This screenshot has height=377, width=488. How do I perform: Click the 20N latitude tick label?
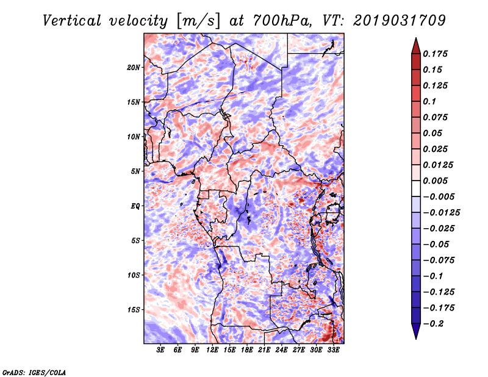coord(134,68)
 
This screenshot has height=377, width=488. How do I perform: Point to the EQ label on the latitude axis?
coord(135,206)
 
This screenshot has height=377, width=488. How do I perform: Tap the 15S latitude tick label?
coord(134,310)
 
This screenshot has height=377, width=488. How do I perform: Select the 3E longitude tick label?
coord(160,350)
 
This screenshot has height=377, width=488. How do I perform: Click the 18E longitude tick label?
coord(247,350)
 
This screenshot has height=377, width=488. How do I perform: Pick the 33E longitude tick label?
coord(333,350)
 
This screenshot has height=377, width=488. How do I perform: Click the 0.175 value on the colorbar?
coord(435,54)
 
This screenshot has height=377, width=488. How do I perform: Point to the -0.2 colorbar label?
coord(433,324)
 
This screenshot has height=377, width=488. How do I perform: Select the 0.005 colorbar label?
coord(435,181)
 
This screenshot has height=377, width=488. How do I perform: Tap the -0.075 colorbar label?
coord(439,260)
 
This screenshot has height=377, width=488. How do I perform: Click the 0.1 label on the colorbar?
coord(429,101)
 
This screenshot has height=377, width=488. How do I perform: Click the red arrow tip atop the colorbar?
coord(416,38)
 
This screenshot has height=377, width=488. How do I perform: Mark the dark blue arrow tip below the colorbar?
coord(416,338)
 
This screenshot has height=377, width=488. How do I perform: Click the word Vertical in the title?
coord(71,21)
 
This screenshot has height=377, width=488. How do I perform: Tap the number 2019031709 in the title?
coord(400,21)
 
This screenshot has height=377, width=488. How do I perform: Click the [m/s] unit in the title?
coord(198,21)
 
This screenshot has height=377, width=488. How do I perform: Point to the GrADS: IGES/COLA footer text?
coord(34,373)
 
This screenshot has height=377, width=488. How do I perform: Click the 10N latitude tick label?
coord(134,137)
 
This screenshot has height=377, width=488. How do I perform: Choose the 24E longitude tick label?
coord(281,350)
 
